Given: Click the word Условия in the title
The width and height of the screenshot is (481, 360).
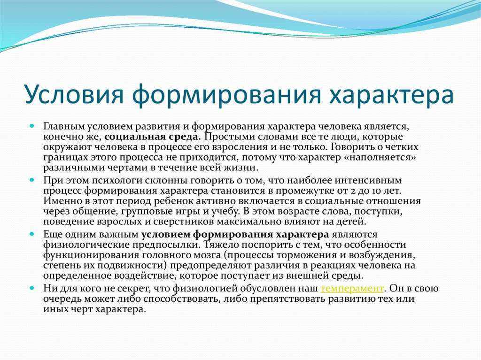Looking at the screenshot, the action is [74, 93].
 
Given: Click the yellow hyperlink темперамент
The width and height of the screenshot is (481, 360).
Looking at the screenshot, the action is [352, 289].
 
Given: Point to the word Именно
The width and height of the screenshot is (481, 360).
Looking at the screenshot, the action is [61, 201].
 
